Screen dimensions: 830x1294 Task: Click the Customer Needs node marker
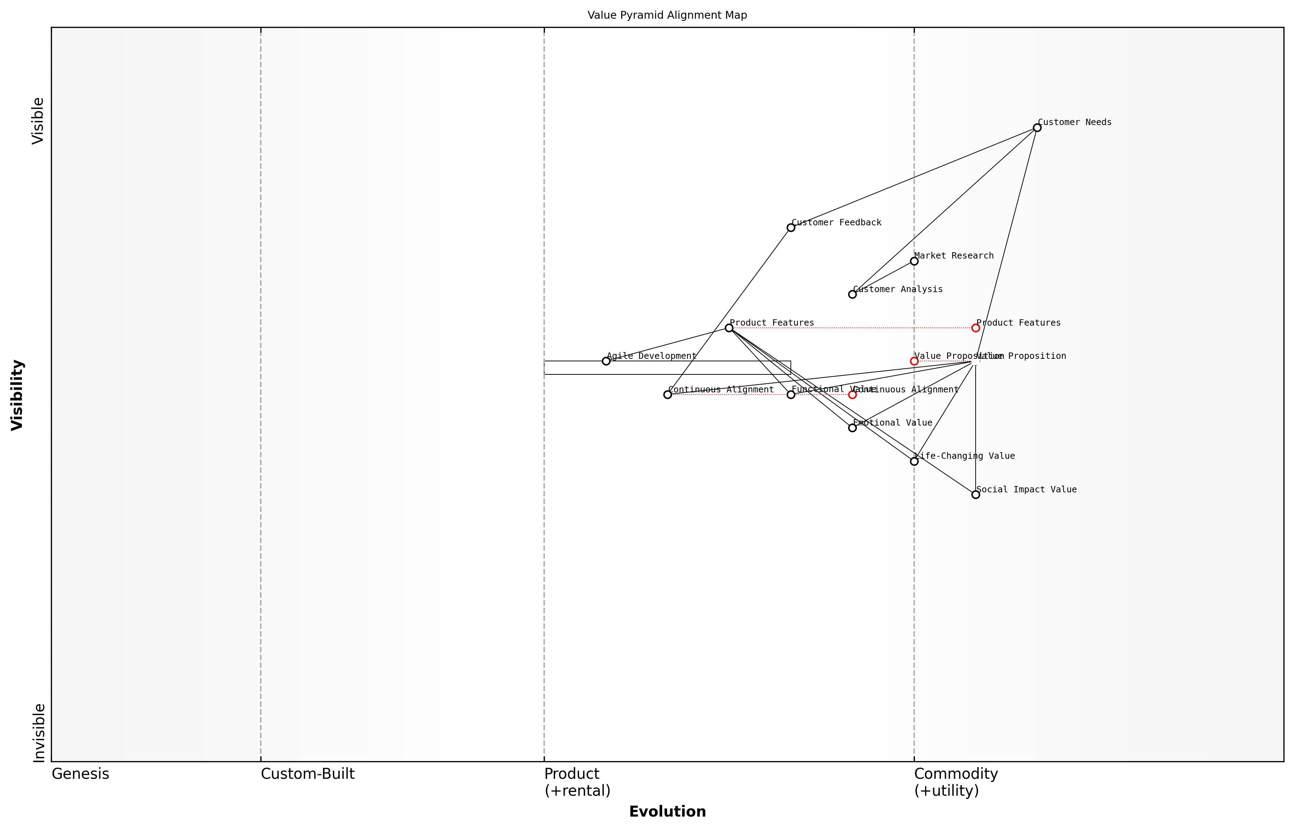coord(1037,128)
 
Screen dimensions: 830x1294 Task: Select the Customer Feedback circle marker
coord(790,227)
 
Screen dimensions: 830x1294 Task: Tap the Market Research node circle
coord(914,261)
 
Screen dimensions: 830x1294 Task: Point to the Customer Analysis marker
coord(852,294)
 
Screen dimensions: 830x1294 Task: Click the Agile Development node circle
coord(606,361)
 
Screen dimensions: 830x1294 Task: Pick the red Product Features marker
coord(975,328)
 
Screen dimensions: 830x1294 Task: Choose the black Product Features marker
coord(729,328)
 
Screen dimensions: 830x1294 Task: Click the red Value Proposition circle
coord(914,361)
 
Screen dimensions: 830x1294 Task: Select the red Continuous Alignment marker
coord(852,395)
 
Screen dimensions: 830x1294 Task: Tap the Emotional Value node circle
coord(852,428)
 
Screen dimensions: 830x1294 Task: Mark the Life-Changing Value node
coord(914,461)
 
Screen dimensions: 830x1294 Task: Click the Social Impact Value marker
coord(975,495)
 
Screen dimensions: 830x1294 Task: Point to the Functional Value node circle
coord(790,395)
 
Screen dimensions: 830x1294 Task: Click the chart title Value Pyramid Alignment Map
coord(667,15)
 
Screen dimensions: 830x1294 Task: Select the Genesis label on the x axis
coord(80,774)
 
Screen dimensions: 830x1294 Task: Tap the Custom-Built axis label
coord(307,774)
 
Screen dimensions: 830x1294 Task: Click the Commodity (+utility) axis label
coord(955,782)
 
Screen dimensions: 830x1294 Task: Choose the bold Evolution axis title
coord(667,812)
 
